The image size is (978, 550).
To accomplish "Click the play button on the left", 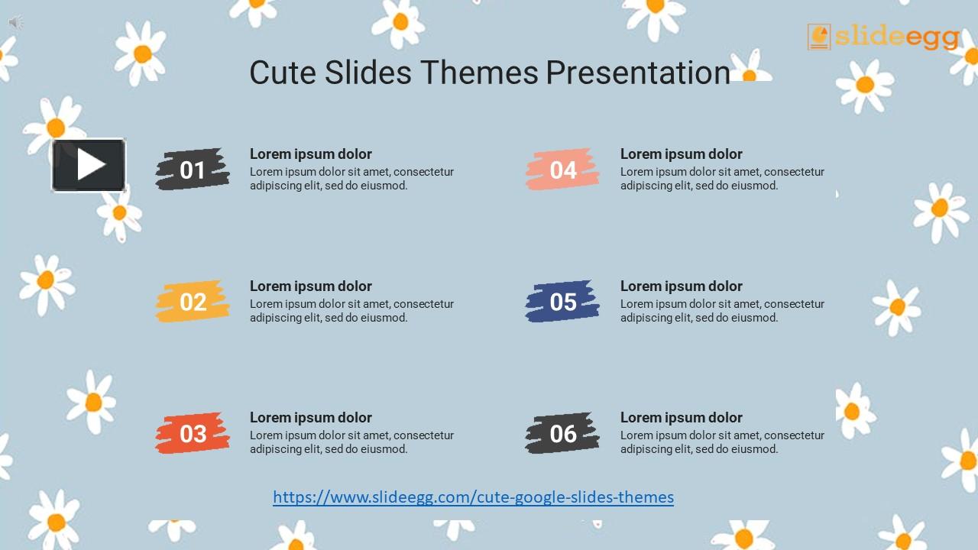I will [89, 165].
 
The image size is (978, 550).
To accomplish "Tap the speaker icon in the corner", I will [15, 23].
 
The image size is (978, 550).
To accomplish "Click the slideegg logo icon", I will [819, 37].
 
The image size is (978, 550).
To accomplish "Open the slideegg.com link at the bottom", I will [473, 497].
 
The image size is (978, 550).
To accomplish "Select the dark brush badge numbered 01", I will [193, 170].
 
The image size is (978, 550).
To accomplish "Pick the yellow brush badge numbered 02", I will [193, 302].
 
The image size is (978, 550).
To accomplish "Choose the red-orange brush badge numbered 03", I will [193, 433].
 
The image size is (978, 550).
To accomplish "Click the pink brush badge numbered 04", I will [562, 170].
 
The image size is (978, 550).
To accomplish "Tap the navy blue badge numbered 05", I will [562, 302].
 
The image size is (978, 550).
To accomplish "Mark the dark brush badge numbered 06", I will [562, 433].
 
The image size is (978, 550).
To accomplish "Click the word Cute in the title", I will [282, 73].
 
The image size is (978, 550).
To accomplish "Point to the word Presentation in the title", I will [638, 73].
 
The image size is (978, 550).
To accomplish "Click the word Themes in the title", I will [480, 73].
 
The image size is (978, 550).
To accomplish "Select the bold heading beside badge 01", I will [311, 154].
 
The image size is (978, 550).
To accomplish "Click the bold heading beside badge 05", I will [682, 286].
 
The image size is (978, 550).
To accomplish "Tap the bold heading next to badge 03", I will [311, 418].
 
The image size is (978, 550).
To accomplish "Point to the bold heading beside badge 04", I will [682, 154].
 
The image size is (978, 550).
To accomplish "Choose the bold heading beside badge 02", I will [311, 286].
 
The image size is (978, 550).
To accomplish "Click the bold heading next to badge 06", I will [682, 418].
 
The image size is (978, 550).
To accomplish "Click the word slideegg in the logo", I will [897, 37].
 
